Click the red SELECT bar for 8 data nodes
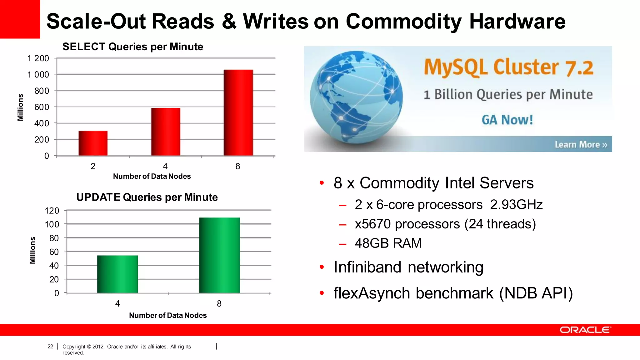pyautogui.click(x=238, y=112)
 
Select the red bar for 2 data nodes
pyautogui.click(x=93, y=143)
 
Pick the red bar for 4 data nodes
pyautogui.click(x=166, y=132)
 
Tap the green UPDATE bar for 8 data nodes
pyautogui.click(x=219, y=255)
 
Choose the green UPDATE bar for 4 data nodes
pyautogui.click(x=117, y=274)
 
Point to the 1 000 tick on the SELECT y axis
pyautogui.click(x=38, y=75)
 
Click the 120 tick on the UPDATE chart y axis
pyautogui.click(x=52, y=211)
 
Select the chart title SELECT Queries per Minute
pyautogui.click(x=133, y=47)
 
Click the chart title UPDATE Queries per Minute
pyautogui.click(x=147, y=197)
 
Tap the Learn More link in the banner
pyautogui.click(x=581, y=144)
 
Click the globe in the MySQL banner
pyautogui.click(x=356, y=97)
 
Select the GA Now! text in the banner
pyautogui.click(x=507, y=120)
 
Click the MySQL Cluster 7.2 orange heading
pyautogui.click(x=508, y=67)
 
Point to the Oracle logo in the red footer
pyautogui.click(x=585, y=330)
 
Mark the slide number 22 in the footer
pyautogui.click(x=50, y=347)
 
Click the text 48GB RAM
pyautogui.click(x=388, y=243)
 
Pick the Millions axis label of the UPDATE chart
pyautogui.click(x=32, y=250)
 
